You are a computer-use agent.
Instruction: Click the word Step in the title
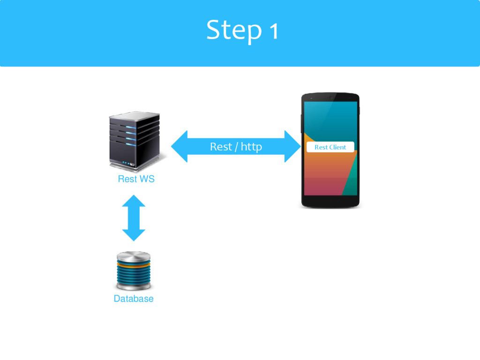click(x=233, y=31)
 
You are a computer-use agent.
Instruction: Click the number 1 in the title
click(x=273, y=32)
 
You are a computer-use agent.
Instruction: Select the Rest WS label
click(x=136, y=179)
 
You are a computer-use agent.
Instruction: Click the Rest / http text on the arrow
click(x=236, y=147)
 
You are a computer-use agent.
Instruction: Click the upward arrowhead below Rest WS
click(x=134, y=201)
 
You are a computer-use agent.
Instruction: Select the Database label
click(x=134, y=299)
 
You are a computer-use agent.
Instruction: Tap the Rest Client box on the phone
click(x=330, y=147)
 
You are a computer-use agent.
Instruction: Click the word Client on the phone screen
click(x=337, y=147)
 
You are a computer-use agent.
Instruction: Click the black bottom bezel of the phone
click(x=330, y=202)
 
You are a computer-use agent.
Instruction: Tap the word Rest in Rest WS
click(x=127, y=179)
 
